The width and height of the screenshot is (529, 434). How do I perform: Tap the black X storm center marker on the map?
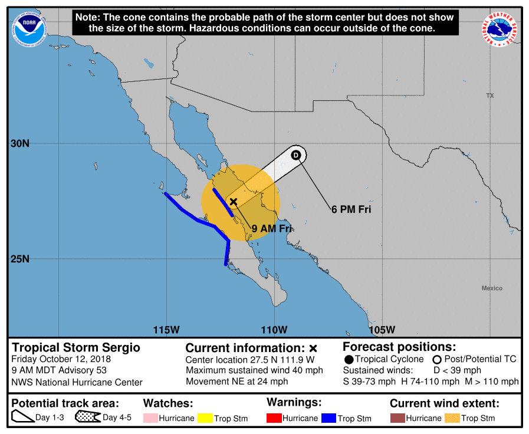pos(234,202)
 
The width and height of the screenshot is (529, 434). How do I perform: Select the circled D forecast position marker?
pos(296,155)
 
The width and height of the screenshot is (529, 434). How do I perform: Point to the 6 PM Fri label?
pos(351,209)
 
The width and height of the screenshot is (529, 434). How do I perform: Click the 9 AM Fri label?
pos(272,229)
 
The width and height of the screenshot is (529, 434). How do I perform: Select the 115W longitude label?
pos(167,329)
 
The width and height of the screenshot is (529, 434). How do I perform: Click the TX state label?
pos(489,96)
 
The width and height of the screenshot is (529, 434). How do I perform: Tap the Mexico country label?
pos(492,288)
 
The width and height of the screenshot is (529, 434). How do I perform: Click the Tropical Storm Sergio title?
pos(76,347)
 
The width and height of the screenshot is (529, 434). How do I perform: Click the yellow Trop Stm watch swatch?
pos(205,418)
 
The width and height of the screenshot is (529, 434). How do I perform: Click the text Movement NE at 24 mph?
pos(236,381)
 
